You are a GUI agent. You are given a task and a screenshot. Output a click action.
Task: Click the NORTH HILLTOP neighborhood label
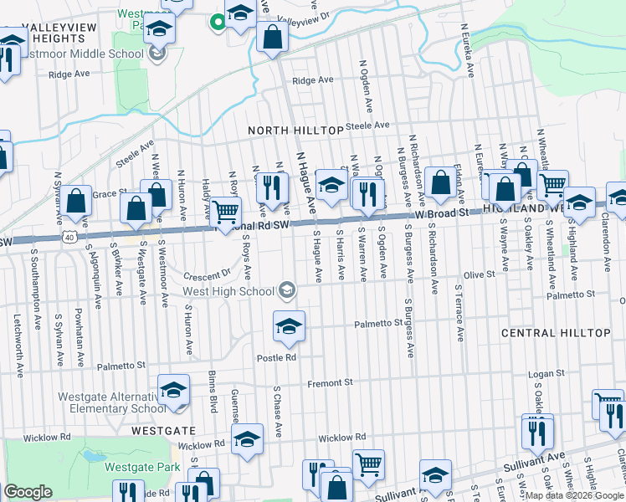click(295, 131)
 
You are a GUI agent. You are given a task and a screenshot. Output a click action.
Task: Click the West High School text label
click(228, 291)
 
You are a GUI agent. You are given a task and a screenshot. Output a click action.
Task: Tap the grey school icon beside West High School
click(287, 290)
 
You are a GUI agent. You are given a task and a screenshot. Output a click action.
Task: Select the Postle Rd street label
click(276, 357)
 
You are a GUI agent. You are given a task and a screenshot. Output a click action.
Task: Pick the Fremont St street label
click(335, 382)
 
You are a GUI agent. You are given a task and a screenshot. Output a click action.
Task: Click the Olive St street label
click(480, 274)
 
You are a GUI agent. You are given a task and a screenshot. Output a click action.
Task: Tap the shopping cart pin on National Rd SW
click(224, 213)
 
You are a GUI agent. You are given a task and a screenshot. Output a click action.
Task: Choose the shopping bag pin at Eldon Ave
click(439, 182)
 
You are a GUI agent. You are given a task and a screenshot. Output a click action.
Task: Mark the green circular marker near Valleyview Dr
click(218, 22)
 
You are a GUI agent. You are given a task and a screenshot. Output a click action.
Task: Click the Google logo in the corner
click(28, 492)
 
